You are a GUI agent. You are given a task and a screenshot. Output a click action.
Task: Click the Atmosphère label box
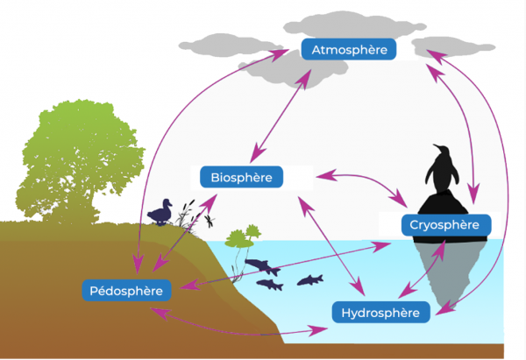coord(349,50)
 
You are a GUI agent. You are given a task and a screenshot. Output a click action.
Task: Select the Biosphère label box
coord(241,178)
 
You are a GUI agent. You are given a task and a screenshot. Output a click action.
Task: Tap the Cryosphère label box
coord(444,225)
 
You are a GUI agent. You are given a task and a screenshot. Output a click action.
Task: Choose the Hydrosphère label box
coord(380,312)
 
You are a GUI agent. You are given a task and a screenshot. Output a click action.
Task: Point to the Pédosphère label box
coord(126,289)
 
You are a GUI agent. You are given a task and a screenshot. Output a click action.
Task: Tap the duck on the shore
coord(160,213)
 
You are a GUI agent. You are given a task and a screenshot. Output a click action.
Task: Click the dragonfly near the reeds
coord(210,220)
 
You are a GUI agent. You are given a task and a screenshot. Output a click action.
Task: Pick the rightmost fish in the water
coord(310,279)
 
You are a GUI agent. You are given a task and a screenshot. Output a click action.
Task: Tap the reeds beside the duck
coord(186,217)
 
